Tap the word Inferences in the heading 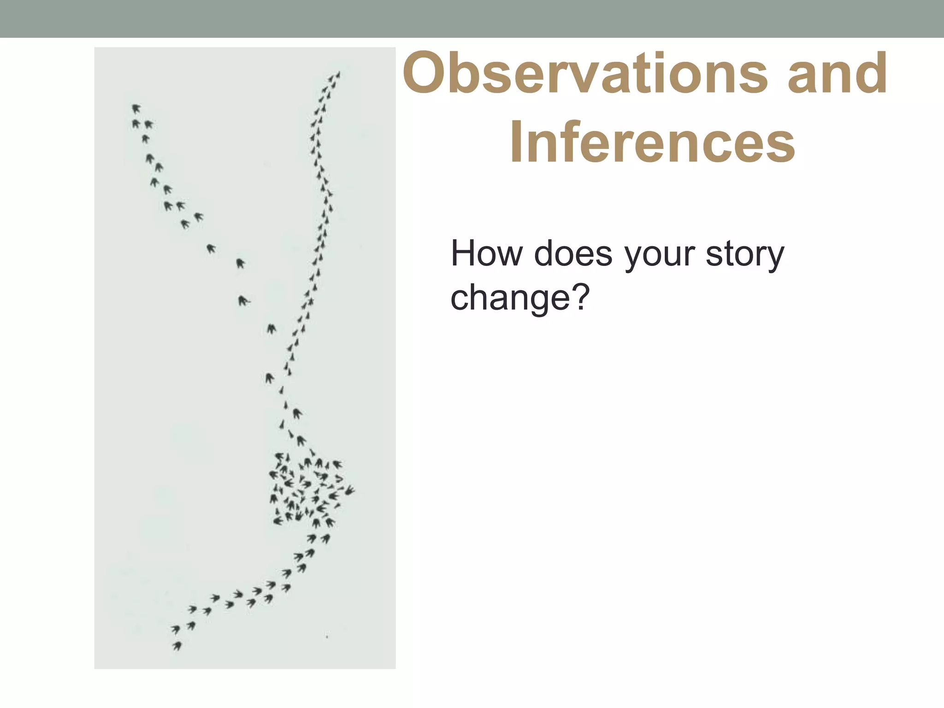click(652, 142)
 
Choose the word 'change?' click(520, 298)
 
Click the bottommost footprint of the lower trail click(177, 646)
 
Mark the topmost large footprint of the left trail click(136, 109)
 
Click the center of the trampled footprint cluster click(307, 491)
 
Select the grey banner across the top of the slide click(472, 18)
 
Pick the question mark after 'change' click(582, 298)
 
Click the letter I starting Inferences click(517, 142)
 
